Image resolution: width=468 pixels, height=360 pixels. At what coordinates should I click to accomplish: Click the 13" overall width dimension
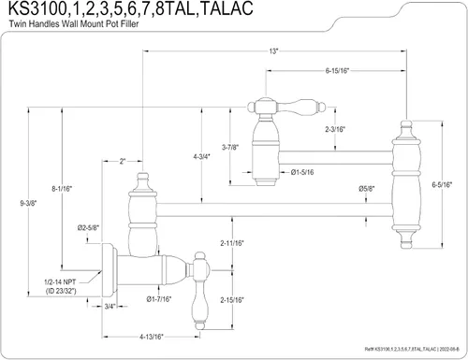tap(273, 50)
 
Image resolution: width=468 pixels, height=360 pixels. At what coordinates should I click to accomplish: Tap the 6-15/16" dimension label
tap(337, 71)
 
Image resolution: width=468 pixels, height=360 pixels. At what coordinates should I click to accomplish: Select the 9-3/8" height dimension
tap(28, 203)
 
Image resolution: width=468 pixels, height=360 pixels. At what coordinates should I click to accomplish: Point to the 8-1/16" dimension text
tap(62, 189)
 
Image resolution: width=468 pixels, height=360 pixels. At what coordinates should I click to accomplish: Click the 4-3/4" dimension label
tap(201, 157)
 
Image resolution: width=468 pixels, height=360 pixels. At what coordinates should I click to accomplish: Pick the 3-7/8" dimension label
tap(230, 147)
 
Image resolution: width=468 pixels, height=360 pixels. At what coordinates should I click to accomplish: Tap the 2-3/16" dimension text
tap(335, 129)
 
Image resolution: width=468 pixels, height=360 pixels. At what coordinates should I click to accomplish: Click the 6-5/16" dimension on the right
tap(442, 184)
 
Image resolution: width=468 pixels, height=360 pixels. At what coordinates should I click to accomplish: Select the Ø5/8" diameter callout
tap(367, 189)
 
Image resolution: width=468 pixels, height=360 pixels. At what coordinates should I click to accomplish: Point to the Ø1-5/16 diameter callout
tap(302, 172)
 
